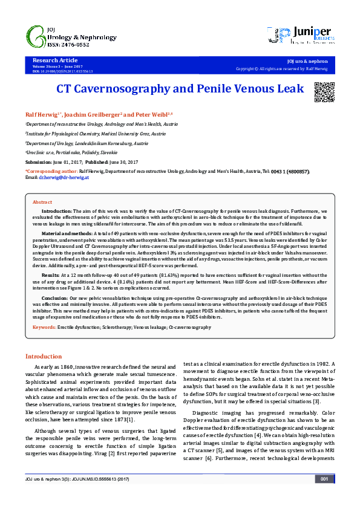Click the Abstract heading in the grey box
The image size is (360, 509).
(x=42, y=201)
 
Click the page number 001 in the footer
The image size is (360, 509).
(x=324, y=496)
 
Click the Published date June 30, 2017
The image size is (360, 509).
(x=121, y=163)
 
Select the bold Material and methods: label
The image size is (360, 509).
(x=67, y=233)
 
